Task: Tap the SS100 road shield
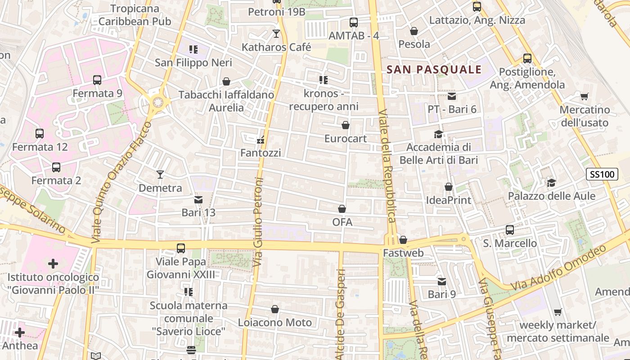point(602,174)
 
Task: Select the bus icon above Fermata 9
point(97,80)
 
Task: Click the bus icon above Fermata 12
point(40,133)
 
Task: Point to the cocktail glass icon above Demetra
point(160,175)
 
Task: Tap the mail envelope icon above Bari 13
point(198,199)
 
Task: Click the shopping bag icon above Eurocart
point(346,125)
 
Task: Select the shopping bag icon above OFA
point(342,209)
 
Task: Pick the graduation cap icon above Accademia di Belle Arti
point(438,134)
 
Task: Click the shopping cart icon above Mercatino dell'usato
point(584,96)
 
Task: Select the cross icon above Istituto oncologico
point(53,263)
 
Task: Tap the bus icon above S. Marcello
point(510,230)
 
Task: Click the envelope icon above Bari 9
point(442,281)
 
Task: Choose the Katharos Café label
point(276,47)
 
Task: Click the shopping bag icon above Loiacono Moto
point(275,309)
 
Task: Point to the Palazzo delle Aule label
point(552,196)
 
